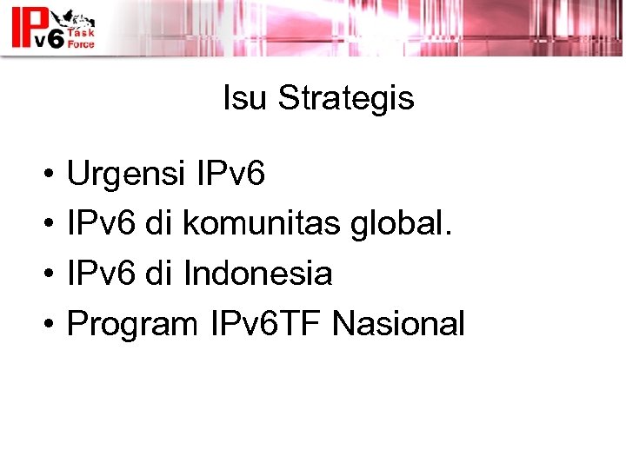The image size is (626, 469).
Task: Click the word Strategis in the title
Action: point(345,100)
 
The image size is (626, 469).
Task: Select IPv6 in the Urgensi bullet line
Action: point(230,175)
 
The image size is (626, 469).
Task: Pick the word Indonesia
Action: point(258,274)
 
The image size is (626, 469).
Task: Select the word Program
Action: point(133,324)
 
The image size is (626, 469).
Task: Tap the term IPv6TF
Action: point(267,323)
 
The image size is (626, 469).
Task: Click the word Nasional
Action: point(399,323)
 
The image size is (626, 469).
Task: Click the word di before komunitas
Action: point(158,224)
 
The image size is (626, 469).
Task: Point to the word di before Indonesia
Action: point(158,274)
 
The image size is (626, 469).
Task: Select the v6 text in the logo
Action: point(40,39)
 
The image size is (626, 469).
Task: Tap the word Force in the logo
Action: point(80,43)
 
